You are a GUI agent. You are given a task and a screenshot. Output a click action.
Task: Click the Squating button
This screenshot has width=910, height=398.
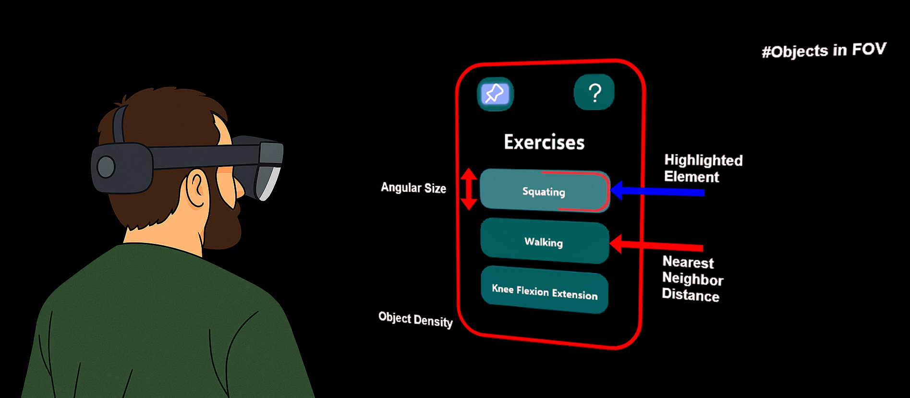544,191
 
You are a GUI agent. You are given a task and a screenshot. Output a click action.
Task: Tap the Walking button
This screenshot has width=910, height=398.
544,241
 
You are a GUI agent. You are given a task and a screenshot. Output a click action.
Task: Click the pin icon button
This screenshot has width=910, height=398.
495,94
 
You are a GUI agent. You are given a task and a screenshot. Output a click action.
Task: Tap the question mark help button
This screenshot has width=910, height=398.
594,92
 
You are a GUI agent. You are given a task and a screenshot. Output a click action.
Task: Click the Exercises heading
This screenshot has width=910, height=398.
544,142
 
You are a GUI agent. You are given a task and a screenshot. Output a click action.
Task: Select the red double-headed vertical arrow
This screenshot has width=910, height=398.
469,189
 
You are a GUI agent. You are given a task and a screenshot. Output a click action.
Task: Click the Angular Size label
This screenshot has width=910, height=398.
413,188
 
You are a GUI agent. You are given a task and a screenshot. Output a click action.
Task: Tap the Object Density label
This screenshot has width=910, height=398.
415,319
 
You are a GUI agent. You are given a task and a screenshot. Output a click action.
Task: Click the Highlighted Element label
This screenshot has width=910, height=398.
703,168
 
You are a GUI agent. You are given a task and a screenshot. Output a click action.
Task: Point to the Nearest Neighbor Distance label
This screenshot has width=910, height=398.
692,278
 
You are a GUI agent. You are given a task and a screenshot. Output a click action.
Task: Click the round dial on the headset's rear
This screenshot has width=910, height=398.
106,167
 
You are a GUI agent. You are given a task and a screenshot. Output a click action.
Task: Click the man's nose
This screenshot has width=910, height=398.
239,190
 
